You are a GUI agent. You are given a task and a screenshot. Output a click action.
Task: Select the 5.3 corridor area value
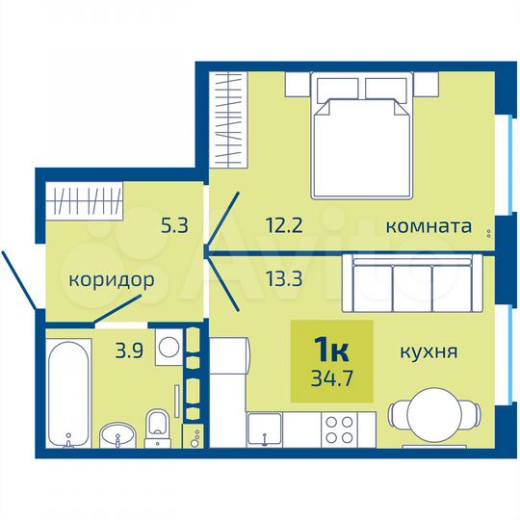(x=174, y=227)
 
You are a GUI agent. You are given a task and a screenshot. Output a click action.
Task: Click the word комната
(x=428, y=227)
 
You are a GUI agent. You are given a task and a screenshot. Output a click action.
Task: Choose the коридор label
(x=112, y=280)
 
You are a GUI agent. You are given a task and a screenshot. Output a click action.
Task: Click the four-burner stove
(x=340, y=428)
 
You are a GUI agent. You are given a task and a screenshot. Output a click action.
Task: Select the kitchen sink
(x=263, y=429)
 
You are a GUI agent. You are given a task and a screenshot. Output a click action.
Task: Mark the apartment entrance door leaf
(x=19, y=279)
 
